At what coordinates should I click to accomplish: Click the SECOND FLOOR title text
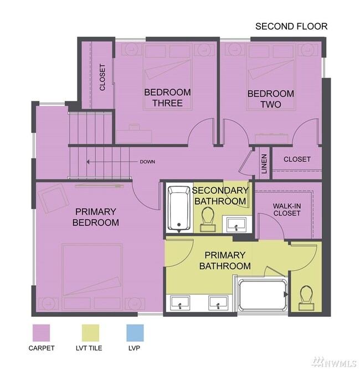coord(291,27)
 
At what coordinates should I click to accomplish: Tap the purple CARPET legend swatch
coord(41,333)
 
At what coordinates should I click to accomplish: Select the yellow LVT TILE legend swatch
coord(91,333)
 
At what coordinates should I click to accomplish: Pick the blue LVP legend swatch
coord(135,333)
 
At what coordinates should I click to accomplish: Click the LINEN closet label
coord(264,164)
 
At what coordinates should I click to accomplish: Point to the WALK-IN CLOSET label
coord(287,209)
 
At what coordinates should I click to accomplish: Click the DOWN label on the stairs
coord(147,162)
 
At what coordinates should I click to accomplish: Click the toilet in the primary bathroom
coord(306,298)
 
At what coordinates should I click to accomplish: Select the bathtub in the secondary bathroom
coord(179,208)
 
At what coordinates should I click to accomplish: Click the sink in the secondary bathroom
coord(236,224)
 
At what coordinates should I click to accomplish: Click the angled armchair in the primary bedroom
coord(54,198)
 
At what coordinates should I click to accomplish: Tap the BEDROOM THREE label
coord(167,98)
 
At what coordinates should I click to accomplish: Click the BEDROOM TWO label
coord(271,99)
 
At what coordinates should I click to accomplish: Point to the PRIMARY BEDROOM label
coord(95,217)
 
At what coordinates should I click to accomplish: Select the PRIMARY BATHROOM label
coord(225,260)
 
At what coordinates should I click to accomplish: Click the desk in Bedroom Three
coord(134,135)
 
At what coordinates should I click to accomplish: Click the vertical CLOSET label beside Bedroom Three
coord(102,77)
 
